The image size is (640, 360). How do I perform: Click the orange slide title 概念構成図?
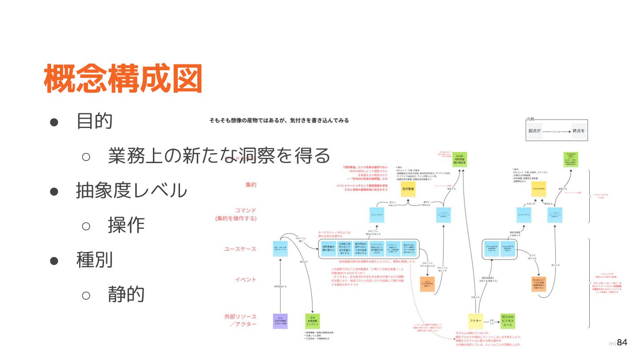[123, 79]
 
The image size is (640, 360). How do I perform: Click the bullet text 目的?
[94, 120]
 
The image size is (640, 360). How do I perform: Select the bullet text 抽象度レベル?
[132, 190]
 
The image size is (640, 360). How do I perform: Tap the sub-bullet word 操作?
[126, 225]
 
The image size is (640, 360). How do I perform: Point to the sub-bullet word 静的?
[126, 294]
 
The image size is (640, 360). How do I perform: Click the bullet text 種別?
[94, 260]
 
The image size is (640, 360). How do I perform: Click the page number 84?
[622, 343]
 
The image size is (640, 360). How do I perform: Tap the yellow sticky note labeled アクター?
[476, 320]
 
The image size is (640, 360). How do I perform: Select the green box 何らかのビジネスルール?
[508, 320]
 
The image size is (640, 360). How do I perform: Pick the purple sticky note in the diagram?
[280, 321]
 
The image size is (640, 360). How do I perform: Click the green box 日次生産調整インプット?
[312, 321]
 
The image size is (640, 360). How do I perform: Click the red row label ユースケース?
[240, 249]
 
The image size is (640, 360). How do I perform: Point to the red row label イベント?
[246, 280]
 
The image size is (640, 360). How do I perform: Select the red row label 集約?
[251, 184]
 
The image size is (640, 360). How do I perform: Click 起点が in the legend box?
[535, 131]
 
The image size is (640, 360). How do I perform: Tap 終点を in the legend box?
[579, 131]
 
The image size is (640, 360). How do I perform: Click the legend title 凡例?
[530, 119]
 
